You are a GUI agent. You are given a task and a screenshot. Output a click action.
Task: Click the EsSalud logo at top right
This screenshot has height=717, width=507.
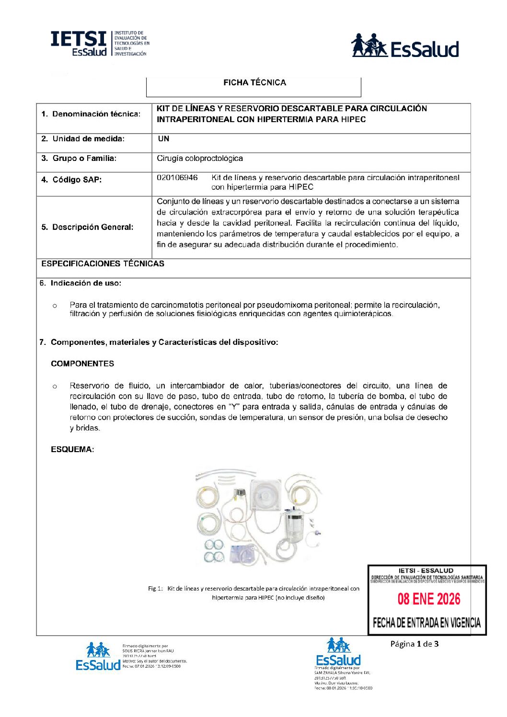click(x=405, y=46)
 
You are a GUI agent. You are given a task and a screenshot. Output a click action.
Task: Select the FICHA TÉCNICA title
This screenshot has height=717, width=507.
click(x=254, y=83)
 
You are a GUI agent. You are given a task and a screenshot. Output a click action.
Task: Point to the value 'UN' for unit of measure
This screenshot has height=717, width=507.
click(x=163, y=139)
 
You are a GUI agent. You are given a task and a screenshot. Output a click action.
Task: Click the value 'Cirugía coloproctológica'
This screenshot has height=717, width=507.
click(x=200, y=159)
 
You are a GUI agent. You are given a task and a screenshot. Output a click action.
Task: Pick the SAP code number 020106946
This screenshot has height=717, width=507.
click(x=177, y=178)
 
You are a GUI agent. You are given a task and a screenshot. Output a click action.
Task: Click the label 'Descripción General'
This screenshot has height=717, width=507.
click(x=87, y=227)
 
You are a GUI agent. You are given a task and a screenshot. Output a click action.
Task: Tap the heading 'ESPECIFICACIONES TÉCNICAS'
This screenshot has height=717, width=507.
click(x=103, y=264)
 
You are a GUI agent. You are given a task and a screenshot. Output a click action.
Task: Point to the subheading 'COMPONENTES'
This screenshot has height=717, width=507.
click(x=82, y=364)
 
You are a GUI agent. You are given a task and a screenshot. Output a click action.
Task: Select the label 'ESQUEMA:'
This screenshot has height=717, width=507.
click(x=72, y=450)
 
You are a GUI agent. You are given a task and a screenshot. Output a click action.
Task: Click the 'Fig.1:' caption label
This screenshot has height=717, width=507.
click(x=155, y=589)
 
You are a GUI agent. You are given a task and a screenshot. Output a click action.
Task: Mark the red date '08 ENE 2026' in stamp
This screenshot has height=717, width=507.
click(x=429, y=599)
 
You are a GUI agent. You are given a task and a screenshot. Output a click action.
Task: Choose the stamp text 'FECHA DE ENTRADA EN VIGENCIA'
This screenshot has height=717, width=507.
click(x=426, y=623)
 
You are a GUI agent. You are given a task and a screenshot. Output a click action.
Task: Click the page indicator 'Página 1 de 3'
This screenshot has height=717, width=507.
click(x=415, y=644)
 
